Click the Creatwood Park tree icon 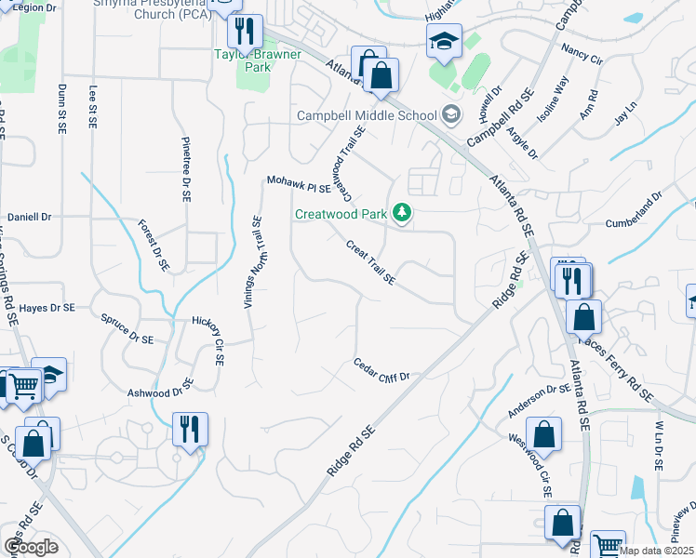pyautogui.click(x=402, y=214)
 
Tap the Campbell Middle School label pyautogui.click(x=366, y=116)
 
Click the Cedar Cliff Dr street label pyautogui.click(x=381, y=369)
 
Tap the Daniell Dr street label pyautogui.click(x=29, y=217)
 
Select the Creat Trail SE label pyautogui.click(x=370, y=262)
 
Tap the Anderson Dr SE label pyautogui.click(x=538, y=400)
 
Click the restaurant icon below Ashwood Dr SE pyautogui.click(x=190, y=430)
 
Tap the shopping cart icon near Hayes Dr pyautogui.click(x=23, y=384)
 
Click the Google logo pyautogui.click(x=31, y=546)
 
